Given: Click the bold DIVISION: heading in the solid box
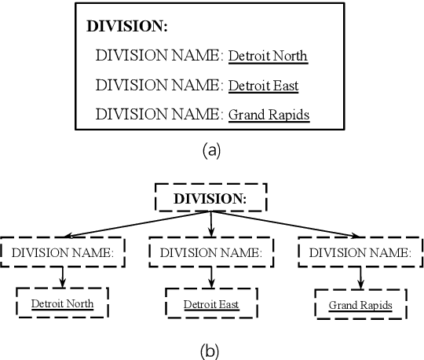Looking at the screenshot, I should (126, 25).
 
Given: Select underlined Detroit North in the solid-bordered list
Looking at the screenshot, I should (268, 56).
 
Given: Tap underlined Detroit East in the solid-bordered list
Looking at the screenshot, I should (263, 86).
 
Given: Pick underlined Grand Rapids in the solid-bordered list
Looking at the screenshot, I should (269, 116).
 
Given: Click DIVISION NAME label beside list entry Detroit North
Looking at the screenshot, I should (159, 56).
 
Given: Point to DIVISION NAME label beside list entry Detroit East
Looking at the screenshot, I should (159, 86).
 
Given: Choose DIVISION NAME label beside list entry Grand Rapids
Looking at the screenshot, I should (159, 116).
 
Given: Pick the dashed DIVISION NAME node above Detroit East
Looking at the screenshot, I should (211, 252).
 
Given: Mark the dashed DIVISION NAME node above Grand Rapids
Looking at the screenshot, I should (359, 252).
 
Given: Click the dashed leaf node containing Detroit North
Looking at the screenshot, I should (62, 303).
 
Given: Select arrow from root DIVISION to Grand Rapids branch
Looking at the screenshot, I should (291, 225).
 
